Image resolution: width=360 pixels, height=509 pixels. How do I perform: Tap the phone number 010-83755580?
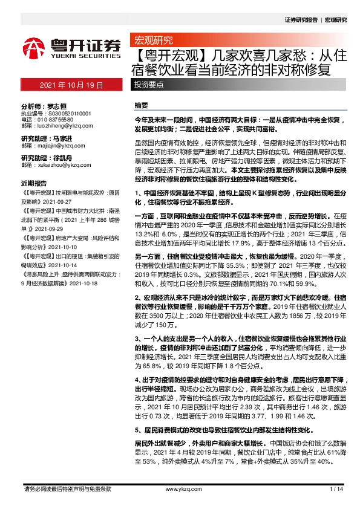[57, 119]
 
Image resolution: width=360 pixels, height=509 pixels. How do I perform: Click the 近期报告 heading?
[33, 183]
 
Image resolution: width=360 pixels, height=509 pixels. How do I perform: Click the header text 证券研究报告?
[300, 20]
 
